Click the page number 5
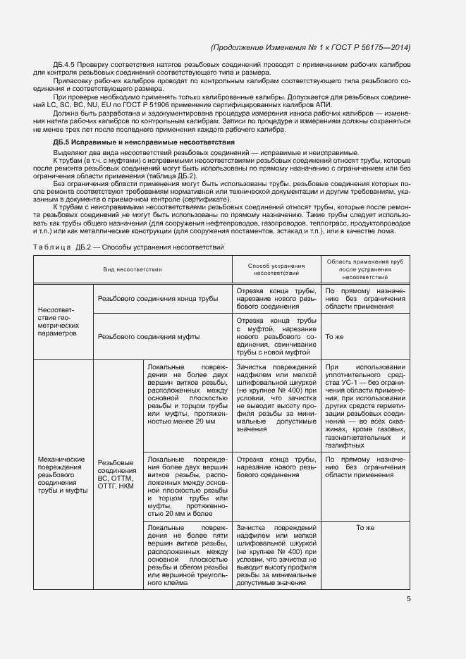(409, 599)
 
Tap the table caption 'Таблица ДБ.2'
(59, 247)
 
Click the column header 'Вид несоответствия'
(133, 269)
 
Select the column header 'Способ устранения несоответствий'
(276, 269)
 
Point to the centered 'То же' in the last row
(364, 527)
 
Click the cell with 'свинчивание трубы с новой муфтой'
(276, 337)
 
